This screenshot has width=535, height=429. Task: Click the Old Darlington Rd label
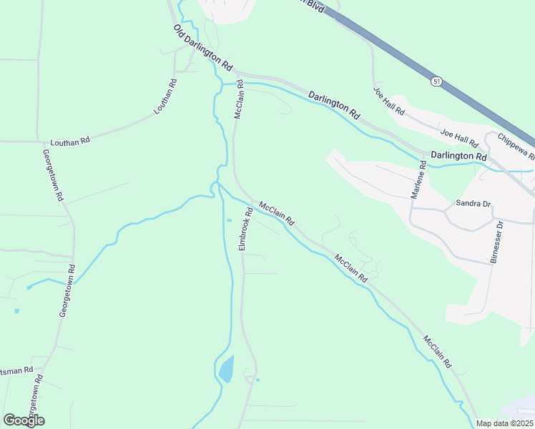[203, 47]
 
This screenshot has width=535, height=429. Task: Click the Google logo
[24, 420]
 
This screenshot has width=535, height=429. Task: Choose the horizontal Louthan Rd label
[69, 142]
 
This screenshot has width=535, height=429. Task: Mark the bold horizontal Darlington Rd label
[458, 156]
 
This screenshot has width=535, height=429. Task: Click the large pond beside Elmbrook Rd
[225, 369]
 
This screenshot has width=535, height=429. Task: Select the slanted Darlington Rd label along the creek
[334, 104]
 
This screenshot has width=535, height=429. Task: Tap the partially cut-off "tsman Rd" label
[17, 371]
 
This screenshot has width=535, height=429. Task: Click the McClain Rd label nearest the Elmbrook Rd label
[277, 214]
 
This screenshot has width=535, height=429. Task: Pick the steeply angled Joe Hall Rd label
[389, 101]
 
